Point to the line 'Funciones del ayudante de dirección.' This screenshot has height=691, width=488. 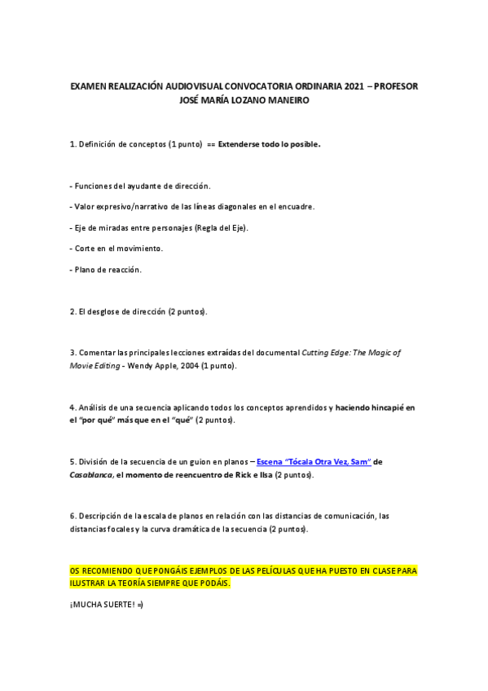pos(140,186)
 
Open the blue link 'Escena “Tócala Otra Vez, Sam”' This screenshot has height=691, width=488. pos(314,462)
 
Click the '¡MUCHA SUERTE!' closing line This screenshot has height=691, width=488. pos(107,605)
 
